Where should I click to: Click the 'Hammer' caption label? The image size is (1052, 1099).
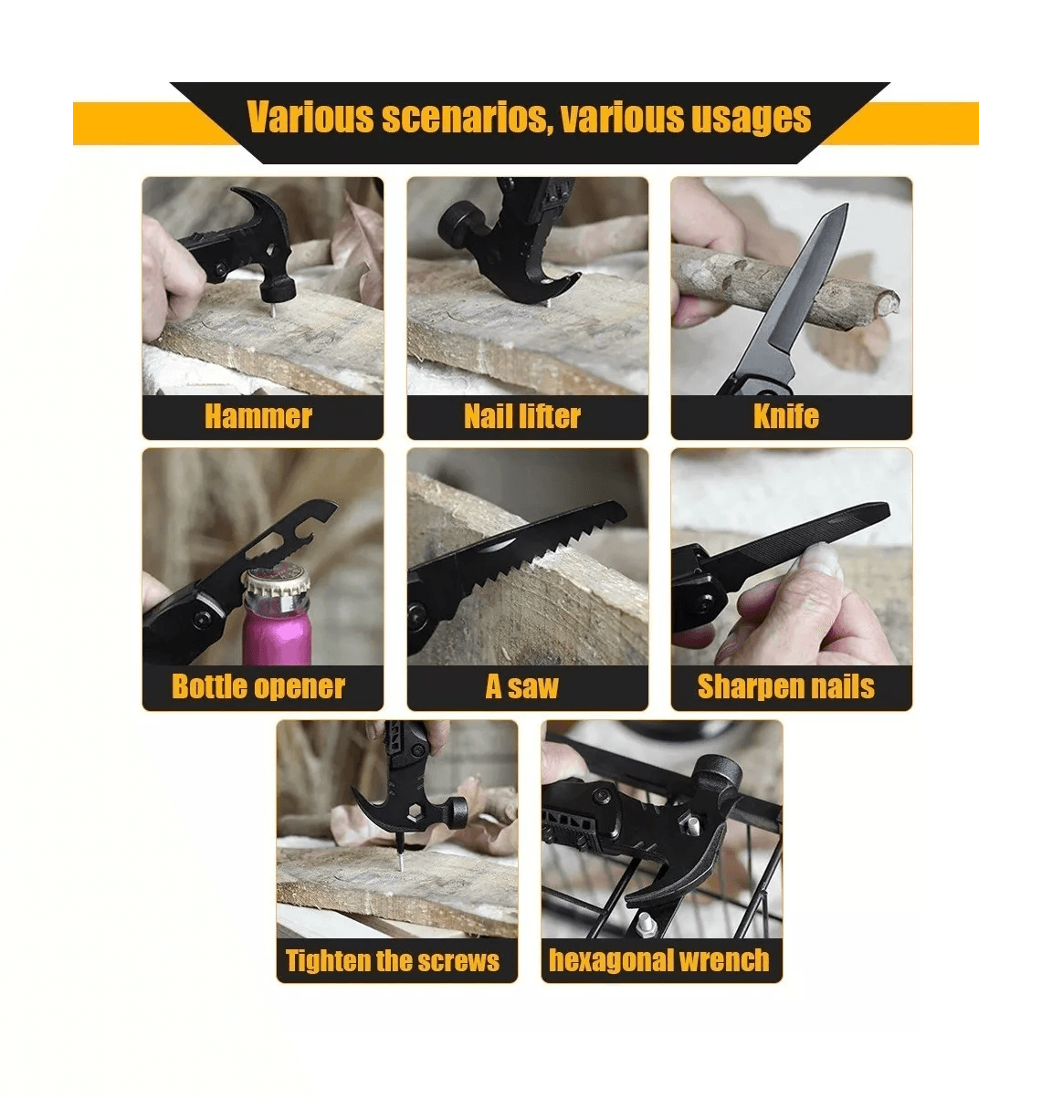(x=258, y=417)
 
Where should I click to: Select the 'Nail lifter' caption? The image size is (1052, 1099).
(x=522, y=417)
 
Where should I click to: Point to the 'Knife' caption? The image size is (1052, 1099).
(x=786, y=416)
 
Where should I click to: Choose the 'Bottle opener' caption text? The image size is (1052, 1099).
(x=258, y=687)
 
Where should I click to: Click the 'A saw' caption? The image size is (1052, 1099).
(x=522, y=686)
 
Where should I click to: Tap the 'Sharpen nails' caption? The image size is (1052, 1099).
(x=786, y=687)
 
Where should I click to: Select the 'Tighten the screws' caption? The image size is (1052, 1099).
(x=393, y=960)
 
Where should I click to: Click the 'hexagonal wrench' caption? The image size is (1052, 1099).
(x=659, y=960)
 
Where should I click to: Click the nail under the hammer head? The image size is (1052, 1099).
(x=273, y=309)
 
